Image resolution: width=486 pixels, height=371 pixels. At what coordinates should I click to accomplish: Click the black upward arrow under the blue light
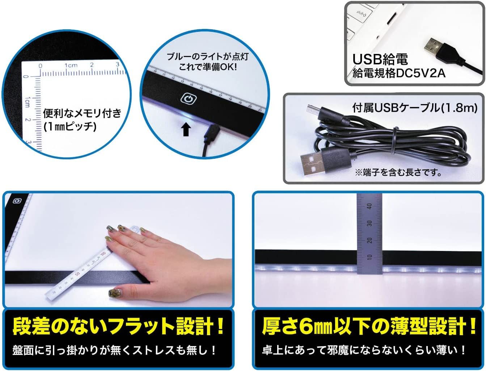point(186,130)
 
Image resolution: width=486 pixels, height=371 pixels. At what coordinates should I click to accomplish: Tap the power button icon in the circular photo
point(188,99)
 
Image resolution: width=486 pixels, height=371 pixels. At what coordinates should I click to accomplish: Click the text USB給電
point(380,59)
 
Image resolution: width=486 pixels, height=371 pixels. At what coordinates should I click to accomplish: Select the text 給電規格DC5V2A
point(399,74)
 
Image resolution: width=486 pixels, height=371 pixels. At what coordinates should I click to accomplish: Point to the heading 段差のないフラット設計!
point(118,327)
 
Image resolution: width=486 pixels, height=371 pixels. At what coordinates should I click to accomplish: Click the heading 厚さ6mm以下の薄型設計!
point(369,327)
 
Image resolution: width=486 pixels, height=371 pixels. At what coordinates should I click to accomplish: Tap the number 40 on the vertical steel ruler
point(369,206)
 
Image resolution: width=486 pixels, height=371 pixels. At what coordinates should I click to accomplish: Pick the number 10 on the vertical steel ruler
point(369,257)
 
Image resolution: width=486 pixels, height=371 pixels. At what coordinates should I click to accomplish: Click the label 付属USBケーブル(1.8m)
point(415,108)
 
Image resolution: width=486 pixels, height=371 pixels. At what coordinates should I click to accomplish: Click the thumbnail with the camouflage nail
point(115,293)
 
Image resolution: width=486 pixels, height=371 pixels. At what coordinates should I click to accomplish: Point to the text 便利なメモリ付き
point(82,113)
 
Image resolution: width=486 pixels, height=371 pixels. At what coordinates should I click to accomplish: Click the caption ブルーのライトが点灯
point(208,57)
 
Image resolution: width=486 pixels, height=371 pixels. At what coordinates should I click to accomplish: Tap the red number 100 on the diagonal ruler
point(103,253)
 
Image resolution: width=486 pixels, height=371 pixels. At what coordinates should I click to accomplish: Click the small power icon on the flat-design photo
point(17,201)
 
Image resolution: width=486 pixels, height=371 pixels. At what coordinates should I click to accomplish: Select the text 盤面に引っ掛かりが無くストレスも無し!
point(114,350)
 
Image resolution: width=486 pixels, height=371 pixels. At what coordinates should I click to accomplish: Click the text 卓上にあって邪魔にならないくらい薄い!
point(364,350)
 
